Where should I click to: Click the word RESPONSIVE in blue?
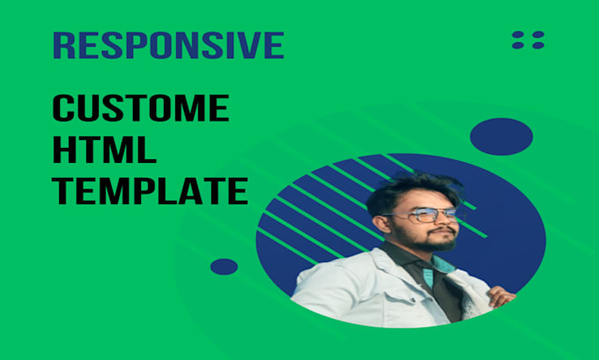click(x=167, y=45)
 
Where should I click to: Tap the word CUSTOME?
click(x=141, y=111)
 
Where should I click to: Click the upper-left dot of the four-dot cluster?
click(x=518, y=35)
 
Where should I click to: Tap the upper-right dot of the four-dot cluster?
click(x=536, y=35)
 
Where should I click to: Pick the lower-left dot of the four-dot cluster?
click(x=518, y=46)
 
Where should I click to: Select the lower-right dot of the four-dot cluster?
click(x=536, y=46)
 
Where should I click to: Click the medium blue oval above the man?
click(x=501, y=136)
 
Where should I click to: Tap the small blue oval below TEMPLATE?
click(x=224, y=266)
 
